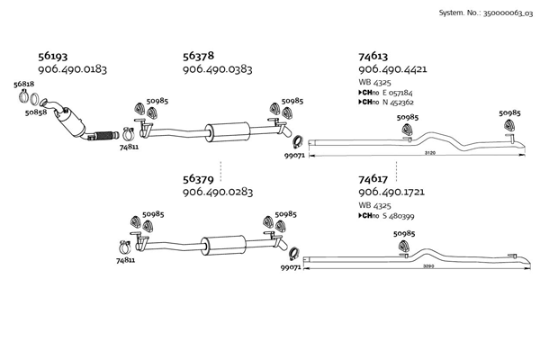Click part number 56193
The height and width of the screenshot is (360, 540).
tap(53, 55)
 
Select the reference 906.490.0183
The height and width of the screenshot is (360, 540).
tap(73, 69)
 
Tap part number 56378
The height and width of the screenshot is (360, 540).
tap(198, 55)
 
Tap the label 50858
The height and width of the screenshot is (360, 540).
tap(36, 113)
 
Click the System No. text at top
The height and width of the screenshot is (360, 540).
tap(485, 13)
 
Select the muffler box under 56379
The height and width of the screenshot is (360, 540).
tap(220, 244)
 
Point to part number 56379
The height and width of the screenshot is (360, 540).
tap(198, 178)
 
